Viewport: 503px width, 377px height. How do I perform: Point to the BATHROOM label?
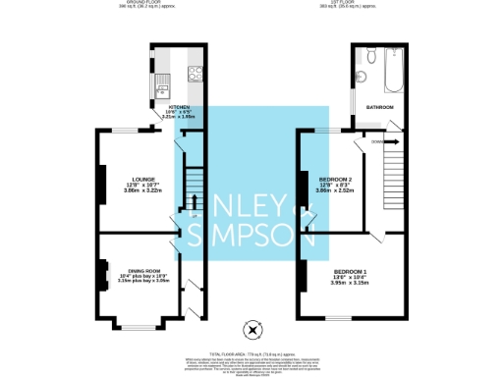380,106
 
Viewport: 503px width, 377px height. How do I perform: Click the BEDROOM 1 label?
351,270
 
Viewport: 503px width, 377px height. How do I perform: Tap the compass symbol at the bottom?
252,328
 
